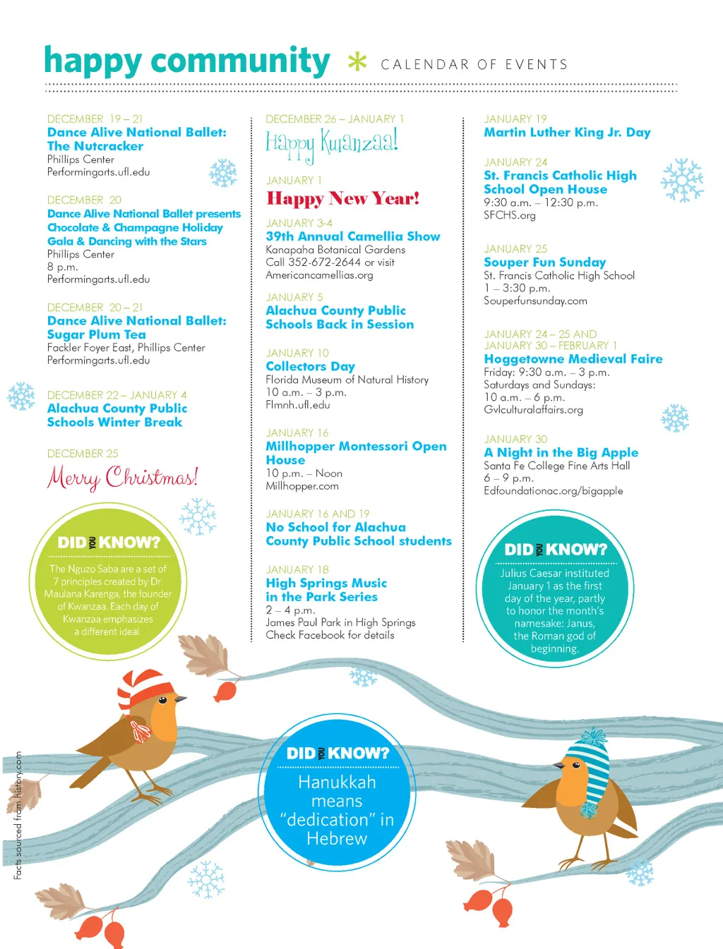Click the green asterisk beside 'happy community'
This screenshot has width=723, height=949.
(x=357, y=62)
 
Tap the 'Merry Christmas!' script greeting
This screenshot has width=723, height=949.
(x=122, y=478)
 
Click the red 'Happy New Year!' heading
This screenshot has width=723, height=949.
(x=342, y=199)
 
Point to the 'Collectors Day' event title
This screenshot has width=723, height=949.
(x=310, y=366)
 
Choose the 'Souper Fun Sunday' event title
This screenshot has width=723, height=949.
(x=544, y=262)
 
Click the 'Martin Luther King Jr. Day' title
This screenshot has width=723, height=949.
(x=567, y=133)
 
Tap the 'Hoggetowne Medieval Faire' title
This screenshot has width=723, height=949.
(x=573, y=359)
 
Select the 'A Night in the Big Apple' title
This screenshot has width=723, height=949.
(x=561, y=453)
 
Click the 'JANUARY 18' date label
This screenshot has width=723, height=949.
(x=297, y=569)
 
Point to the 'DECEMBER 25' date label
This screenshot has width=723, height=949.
(x=83, y=454)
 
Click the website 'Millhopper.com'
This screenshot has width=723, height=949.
(x=301, y=486)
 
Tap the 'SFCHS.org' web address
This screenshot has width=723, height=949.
(x=509, y=215)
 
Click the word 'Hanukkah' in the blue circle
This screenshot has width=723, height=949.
(x=337, y=782)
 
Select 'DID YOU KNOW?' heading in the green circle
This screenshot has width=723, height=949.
(x=109, y=543)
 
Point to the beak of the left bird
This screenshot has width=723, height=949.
(x=181, y=699)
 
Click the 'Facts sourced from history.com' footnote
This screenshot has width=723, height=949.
(x=18, y=815)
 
